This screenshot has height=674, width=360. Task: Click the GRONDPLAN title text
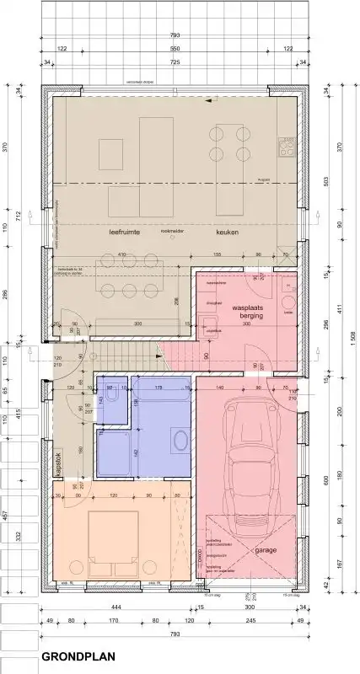click(82, 654)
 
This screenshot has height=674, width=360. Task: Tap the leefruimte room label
click(123, 231)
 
